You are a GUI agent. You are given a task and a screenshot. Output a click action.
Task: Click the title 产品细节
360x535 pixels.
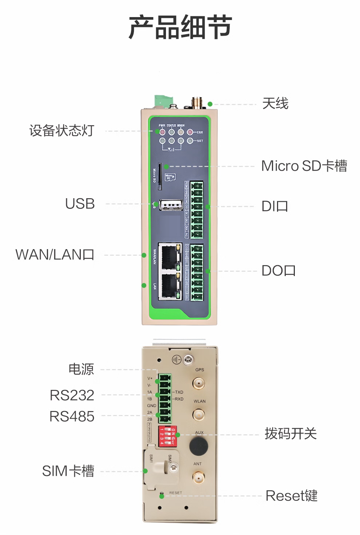tap(180, 27)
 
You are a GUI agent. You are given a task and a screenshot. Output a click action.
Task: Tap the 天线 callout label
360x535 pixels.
tap(275, 104)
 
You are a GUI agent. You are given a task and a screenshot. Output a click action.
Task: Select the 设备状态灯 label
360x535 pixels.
tap(62, 131)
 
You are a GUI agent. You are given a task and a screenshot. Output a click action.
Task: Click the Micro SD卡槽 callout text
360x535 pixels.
tap(304, 166)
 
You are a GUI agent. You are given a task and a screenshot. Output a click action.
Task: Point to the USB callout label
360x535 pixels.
tap(80, 204)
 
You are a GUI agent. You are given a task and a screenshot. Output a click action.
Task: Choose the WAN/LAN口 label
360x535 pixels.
tap(55, 255)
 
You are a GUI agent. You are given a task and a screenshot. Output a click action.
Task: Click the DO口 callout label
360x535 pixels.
tap(278, 271)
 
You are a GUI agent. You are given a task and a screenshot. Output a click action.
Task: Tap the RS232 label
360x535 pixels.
tap(72, 395)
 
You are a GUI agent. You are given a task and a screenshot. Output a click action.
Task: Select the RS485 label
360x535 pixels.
tap(72, 416)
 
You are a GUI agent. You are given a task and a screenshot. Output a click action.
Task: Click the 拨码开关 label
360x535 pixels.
tap(290, 434)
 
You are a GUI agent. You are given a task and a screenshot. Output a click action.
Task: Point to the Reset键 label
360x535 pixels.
tap(292, 496)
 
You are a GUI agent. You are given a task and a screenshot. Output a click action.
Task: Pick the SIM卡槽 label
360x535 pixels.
tap(68, 471)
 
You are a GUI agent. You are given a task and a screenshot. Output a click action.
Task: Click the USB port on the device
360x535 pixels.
tap(170, 205)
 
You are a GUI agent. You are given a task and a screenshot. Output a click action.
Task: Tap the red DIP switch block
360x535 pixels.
tap(167, 436)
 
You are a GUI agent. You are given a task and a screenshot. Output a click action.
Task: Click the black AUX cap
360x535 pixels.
tap(198, 445)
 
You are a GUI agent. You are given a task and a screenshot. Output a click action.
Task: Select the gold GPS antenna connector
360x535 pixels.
tap(199, 383)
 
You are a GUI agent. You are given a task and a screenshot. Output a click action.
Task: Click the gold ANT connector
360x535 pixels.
tap(198, 478)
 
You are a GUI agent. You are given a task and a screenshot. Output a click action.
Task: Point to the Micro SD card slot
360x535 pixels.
tap(159, 176)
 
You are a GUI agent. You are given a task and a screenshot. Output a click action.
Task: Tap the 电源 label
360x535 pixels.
tap(81, 369)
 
